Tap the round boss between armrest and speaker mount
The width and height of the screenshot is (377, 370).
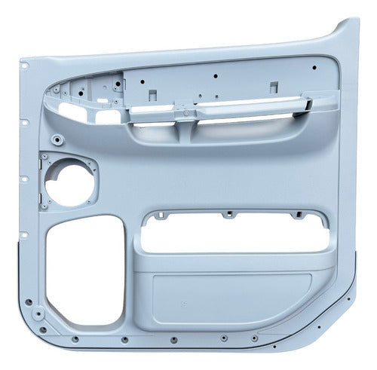click(x=57, y=140)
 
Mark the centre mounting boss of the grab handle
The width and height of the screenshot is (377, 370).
click(x=185, y=112)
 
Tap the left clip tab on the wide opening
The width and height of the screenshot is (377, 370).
click(x=159, y=216)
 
